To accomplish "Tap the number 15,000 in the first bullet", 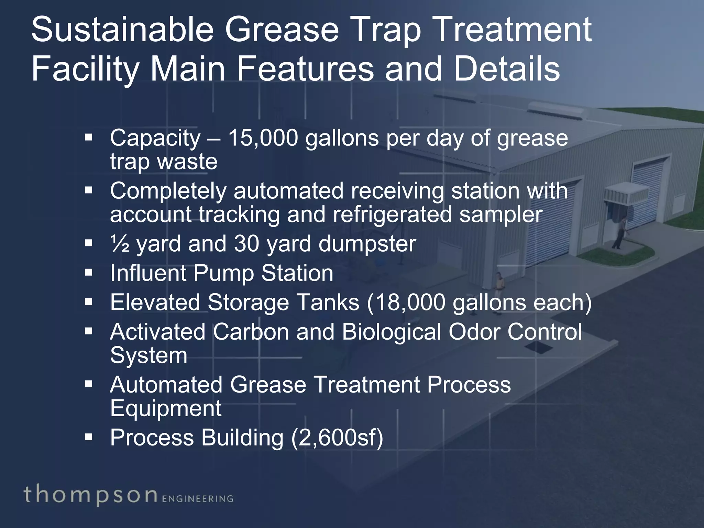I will coord(263,138).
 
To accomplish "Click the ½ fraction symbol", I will coord(119,244).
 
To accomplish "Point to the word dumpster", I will coord(367,244).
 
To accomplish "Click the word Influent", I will coord(147,273).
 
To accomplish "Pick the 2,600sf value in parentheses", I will coord(337,438).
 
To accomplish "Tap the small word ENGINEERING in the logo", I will coord(197,499).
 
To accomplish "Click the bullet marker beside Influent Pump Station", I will coord(89,273).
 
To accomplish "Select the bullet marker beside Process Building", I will coord(89,437).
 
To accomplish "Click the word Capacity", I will coord(155,138).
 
